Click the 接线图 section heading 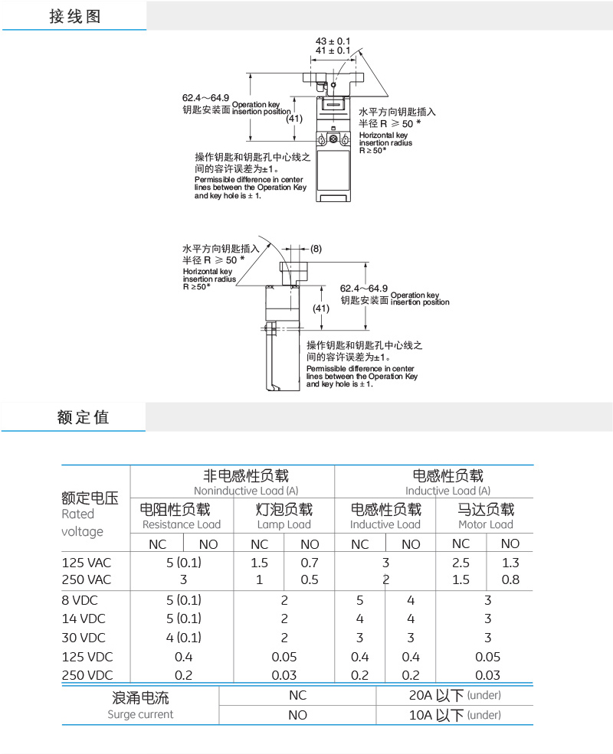pos(75,16)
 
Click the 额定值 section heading pos(83,417)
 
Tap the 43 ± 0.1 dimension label pos(333,41)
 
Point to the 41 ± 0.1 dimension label pos(333,51)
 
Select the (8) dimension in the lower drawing pos(316,248)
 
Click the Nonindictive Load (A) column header pos(233,490)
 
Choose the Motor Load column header pos(485,524)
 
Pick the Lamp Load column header pos(284,524)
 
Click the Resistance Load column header pos(182,524)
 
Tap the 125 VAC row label pos(87,563)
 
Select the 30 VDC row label pos(84,638)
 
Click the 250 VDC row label pos(87,675)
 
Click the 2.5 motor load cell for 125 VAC pos(461,563)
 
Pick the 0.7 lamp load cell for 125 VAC pos(310,563)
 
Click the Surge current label pos(140,714)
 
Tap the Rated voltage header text pos(82,522)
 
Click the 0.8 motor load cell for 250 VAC pos(510,579)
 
